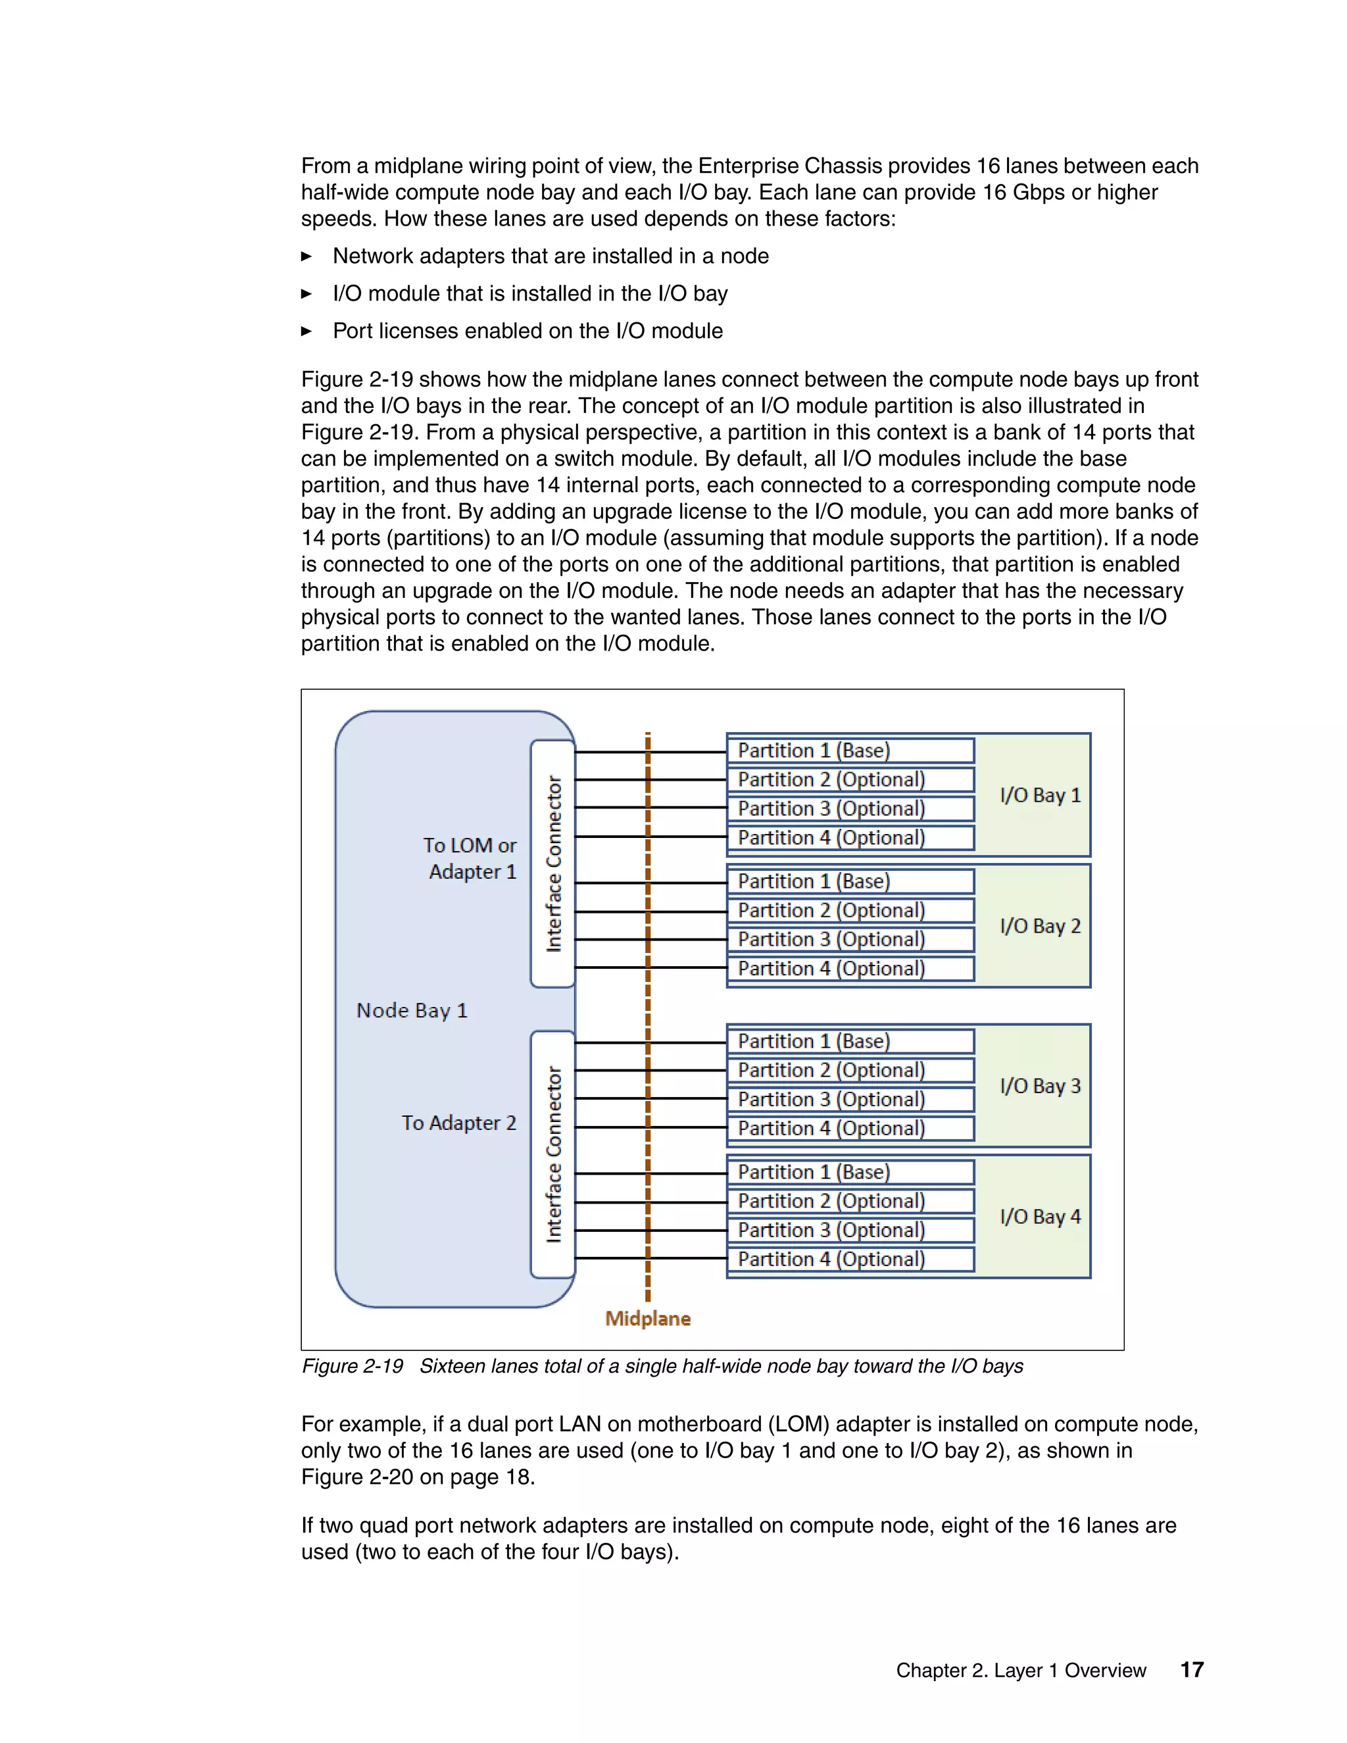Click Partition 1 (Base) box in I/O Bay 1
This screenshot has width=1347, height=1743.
[x=850, y=750]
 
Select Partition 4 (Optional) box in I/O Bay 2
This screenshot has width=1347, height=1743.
[x=850, y=968]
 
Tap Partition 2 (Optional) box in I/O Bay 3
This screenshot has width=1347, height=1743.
[x=850, y=1070]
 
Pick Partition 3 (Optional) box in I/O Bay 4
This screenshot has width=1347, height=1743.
[x=850, y=1230]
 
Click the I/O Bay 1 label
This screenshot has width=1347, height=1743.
[x=1040, y=795]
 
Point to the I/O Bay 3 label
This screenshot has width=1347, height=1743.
[x=1040, y=1085]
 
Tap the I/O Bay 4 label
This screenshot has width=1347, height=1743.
[x=1040, y=1216]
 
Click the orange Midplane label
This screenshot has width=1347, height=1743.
[x=647, y=1318]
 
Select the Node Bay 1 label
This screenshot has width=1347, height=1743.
[x=412, y=1010]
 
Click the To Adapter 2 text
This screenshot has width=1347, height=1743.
[x=459, y=1123]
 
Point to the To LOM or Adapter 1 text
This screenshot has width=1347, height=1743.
[x=471, y=858]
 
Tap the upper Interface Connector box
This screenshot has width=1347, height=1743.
[x=553, y=864]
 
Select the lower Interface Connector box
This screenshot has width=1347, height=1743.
[x=553, y=1154]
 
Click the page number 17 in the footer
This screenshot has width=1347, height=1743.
[x=1191, y=1669]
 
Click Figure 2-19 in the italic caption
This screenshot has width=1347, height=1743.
[x=352, y=1366]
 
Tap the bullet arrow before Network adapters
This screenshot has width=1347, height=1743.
[x=306, y=256]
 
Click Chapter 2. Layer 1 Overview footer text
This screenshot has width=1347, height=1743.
[x=1021, y=1671]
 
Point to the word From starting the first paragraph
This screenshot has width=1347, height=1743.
[x=326, y=166]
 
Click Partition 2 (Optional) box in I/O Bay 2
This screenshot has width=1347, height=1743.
[x=850, y=910]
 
